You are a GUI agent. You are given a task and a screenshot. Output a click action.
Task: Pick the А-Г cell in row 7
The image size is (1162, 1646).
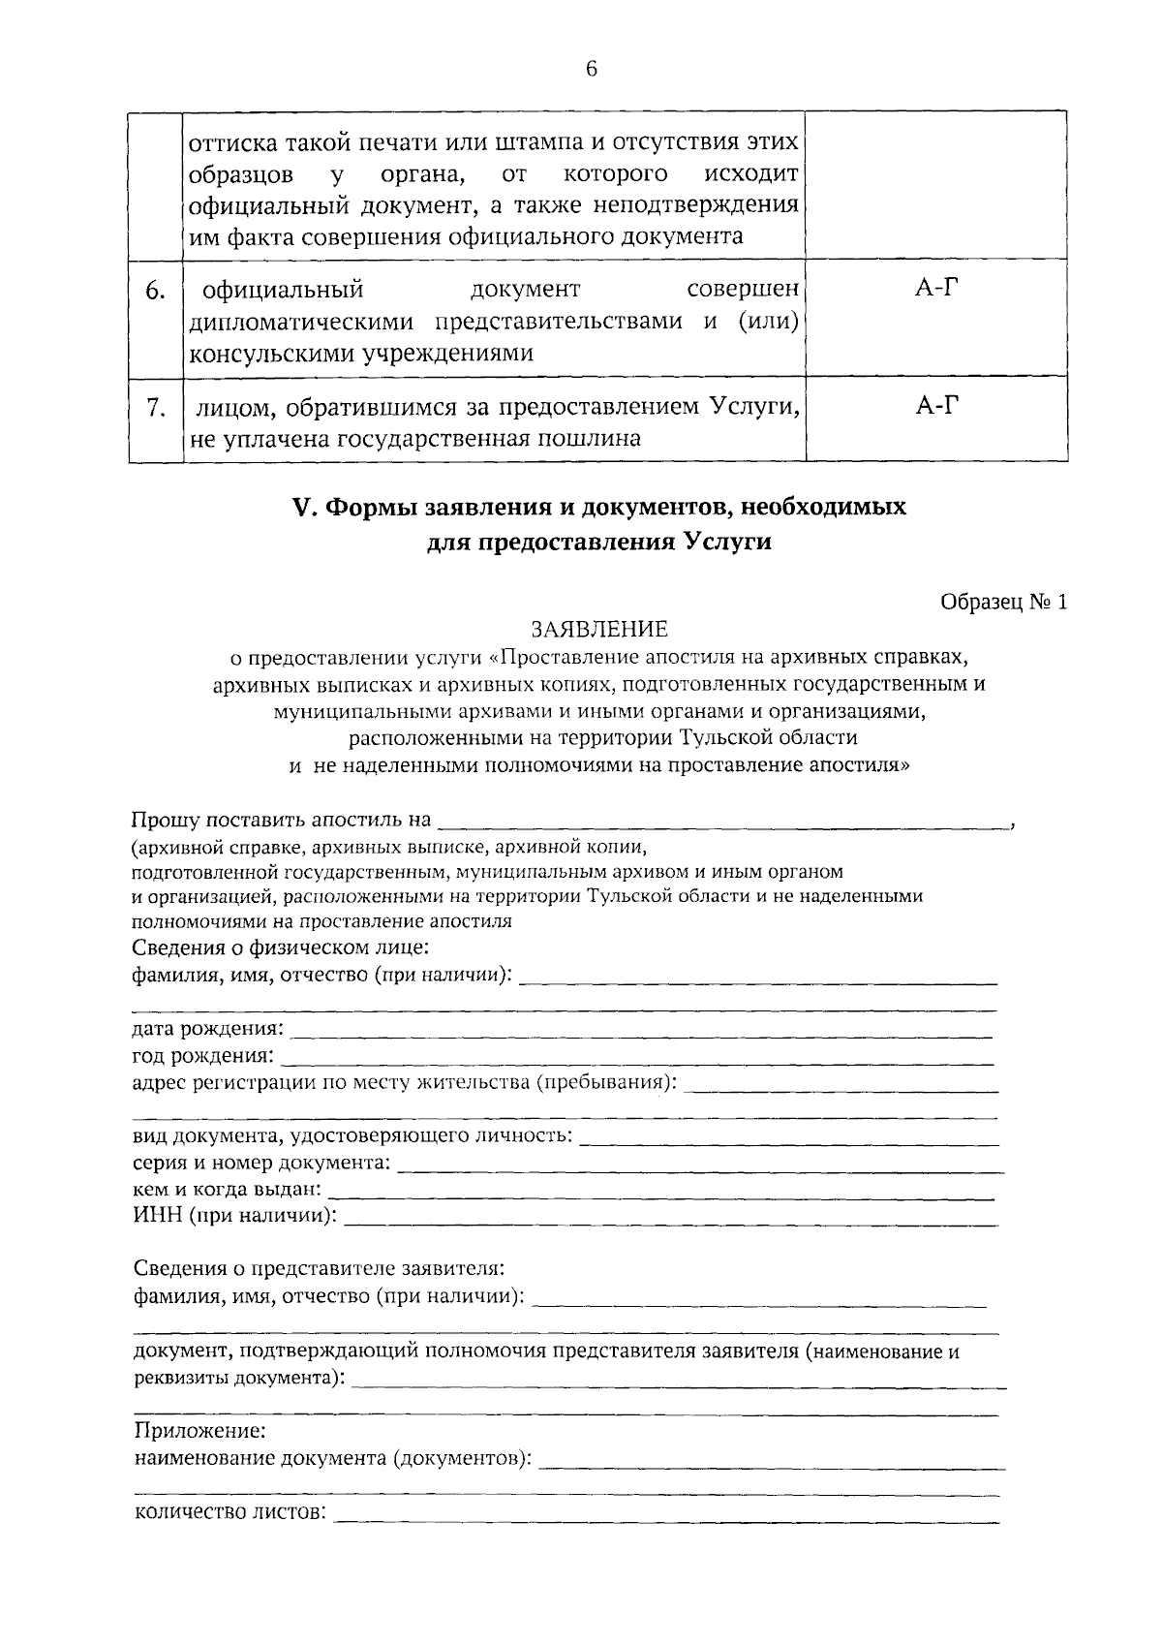(x=935, y=405)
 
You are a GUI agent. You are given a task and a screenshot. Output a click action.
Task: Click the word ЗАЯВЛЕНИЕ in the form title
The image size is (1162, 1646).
(x=598, y=630)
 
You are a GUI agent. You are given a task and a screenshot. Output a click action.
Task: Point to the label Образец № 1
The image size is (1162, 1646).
(x=1003, y=602)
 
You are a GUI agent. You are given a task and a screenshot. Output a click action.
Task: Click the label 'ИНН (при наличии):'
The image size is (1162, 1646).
(x=235, y=1215)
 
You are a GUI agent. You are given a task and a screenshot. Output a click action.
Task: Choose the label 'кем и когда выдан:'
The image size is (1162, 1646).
(x=228, y=1189)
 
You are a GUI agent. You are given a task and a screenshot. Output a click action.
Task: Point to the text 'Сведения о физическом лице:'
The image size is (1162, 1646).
(x=281, y=947)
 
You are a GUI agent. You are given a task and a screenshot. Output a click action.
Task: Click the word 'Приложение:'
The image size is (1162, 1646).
(x=199, y=1430)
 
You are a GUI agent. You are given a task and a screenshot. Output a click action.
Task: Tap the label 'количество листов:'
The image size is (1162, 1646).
(x=229, y=1512)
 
